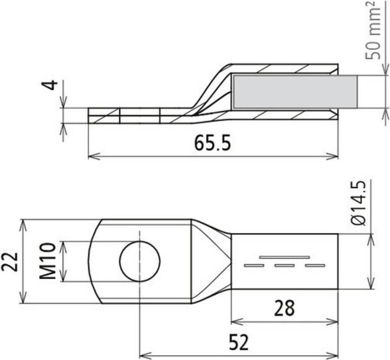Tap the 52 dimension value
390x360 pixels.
pos(239,343)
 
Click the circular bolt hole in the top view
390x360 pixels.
pos(140,261)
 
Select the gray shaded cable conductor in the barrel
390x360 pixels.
pos(295,91)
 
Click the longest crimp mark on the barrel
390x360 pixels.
pos(284,256)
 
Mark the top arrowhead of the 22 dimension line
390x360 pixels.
pos(22,223)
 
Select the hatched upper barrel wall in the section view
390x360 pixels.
pos(284,69)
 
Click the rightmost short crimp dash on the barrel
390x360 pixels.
pos(315,266)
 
